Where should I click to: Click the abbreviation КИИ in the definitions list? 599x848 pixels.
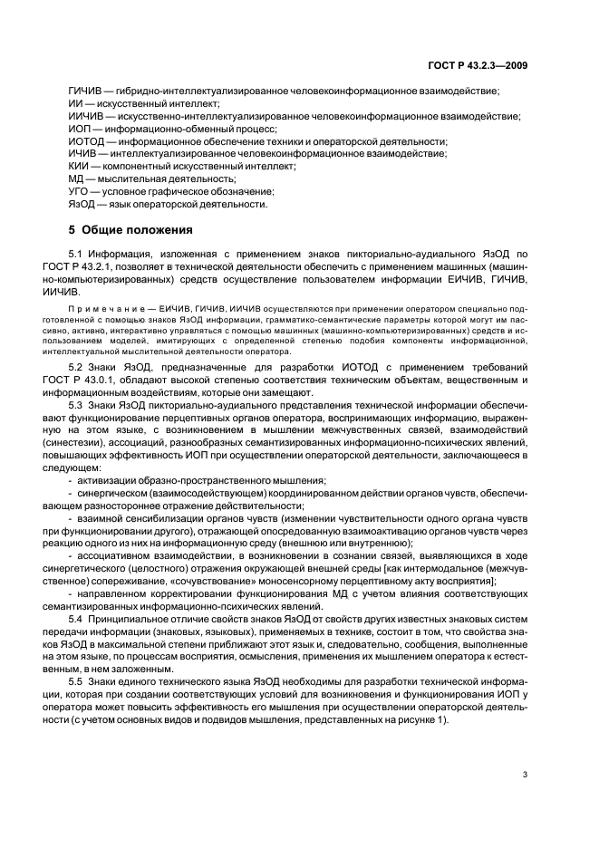click(80, 167)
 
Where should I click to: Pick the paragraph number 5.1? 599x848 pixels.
click(101, 256)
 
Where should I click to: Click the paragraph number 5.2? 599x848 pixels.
click(101, 365)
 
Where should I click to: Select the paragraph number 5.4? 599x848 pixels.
click(101, 617)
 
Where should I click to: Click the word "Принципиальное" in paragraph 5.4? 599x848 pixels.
click(157, 617)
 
